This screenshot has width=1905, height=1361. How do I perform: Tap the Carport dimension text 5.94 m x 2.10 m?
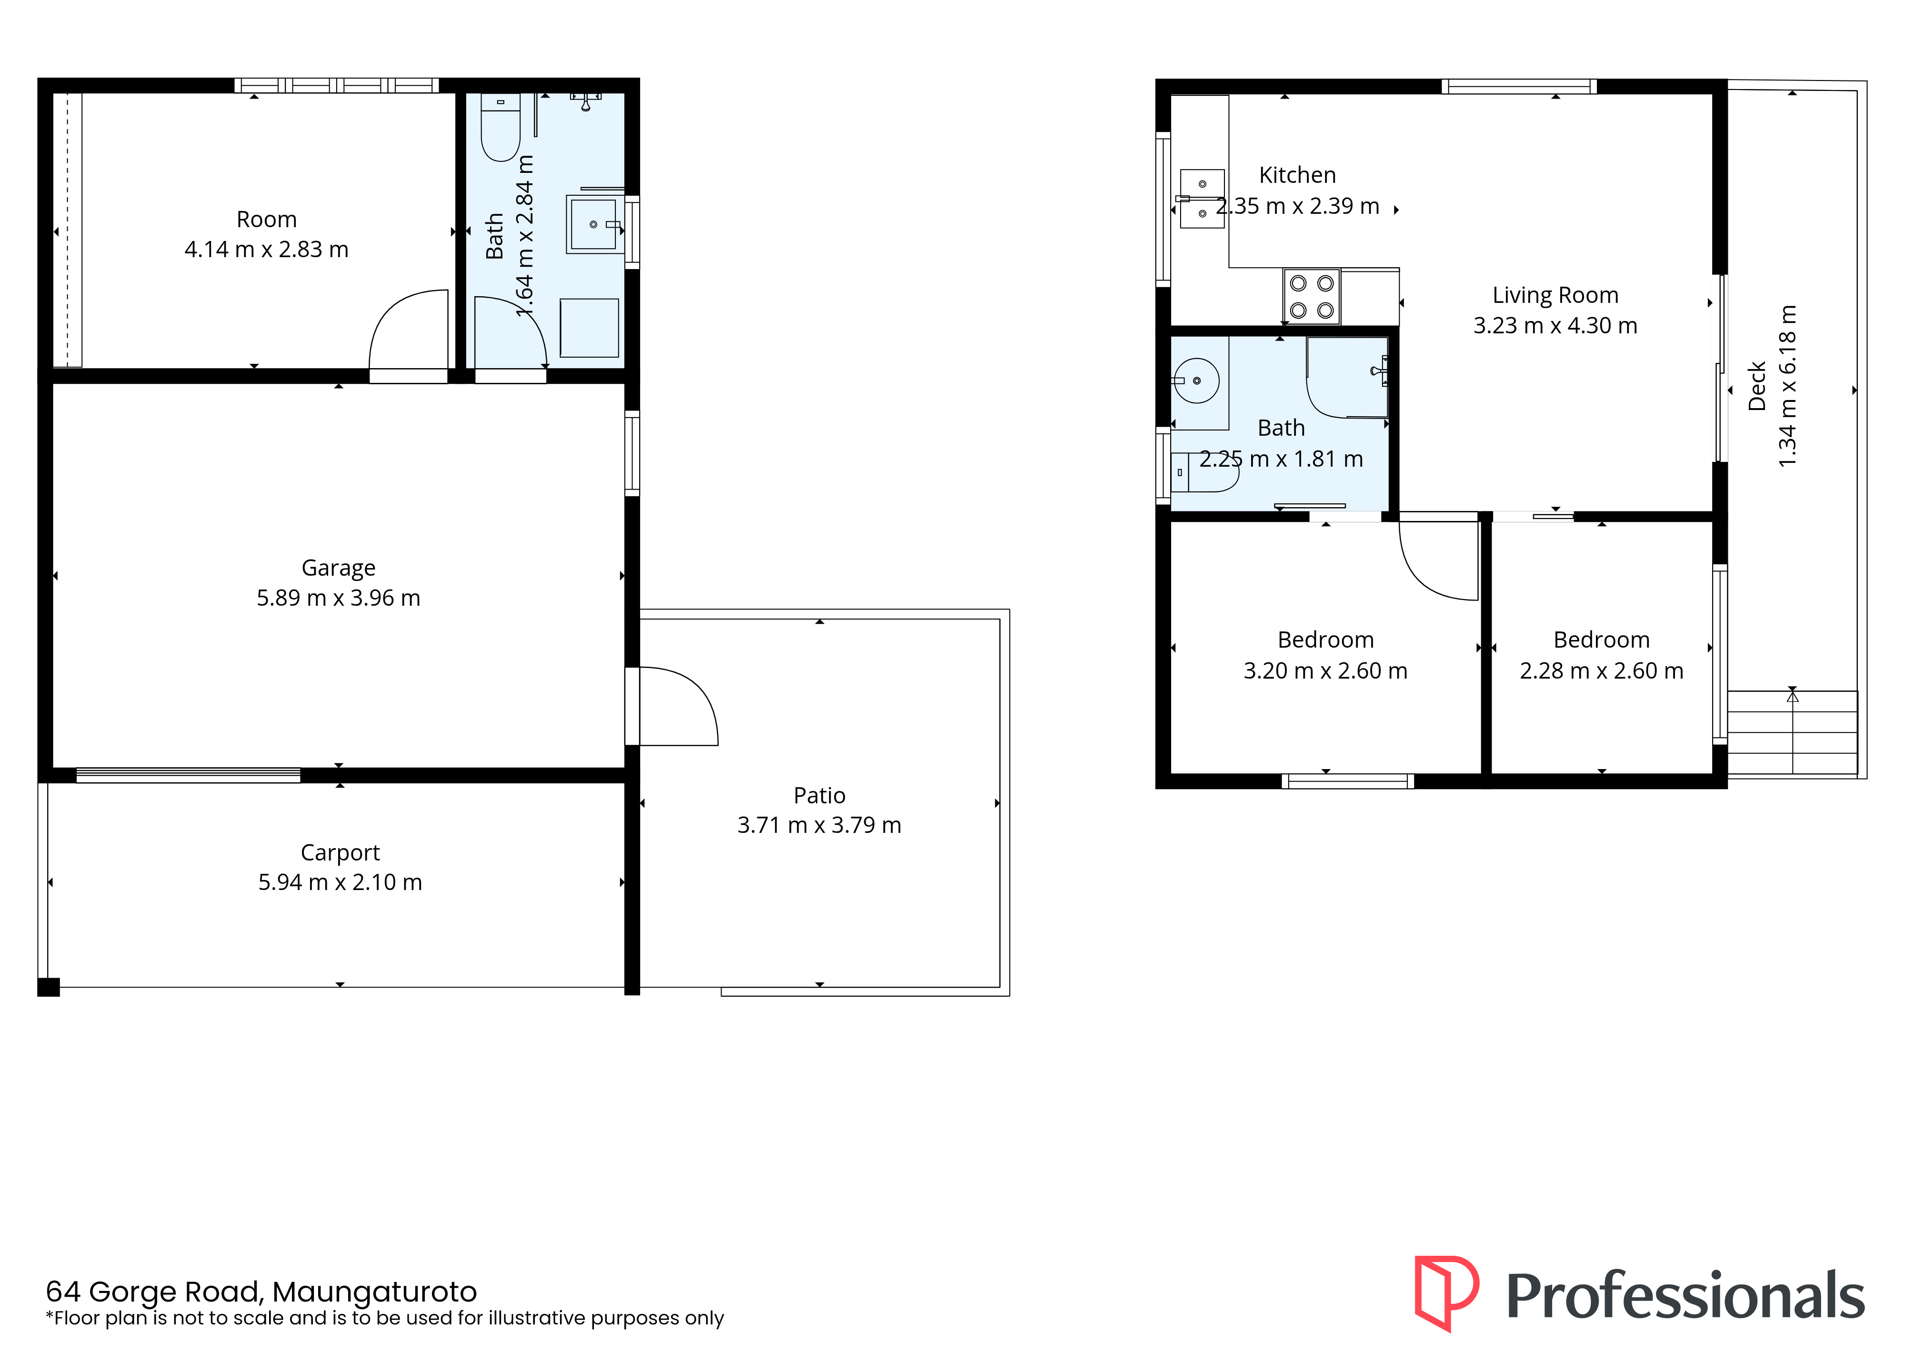pos(340,882)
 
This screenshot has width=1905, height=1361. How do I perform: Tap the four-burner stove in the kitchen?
pos(1312,297)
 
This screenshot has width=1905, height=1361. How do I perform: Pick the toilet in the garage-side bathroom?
pos(501,127)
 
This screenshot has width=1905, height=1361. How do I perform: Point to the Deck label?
pos(1757,386)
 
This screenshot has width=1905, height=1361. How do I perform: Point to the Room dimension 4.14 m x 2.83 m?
pos(267,250)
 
